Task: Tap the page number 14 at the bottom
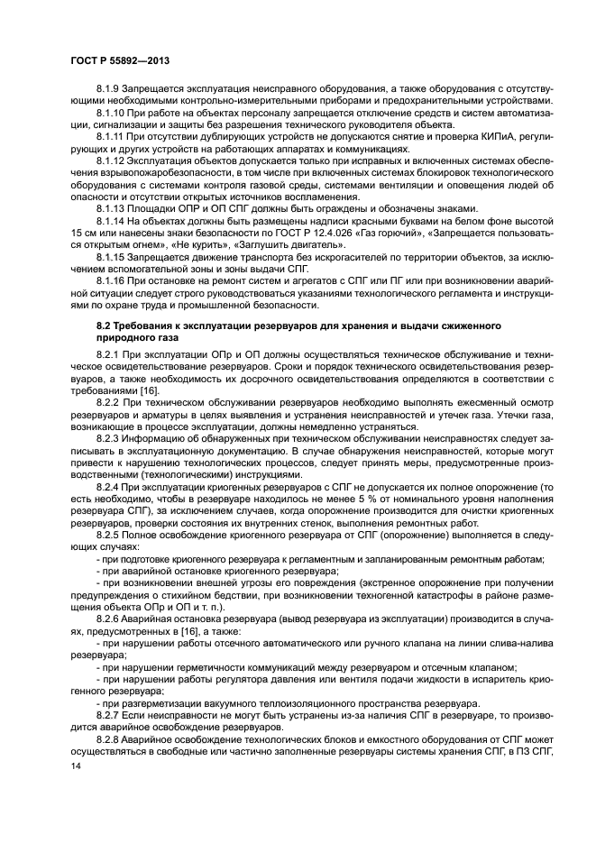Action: coord(76,766)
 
